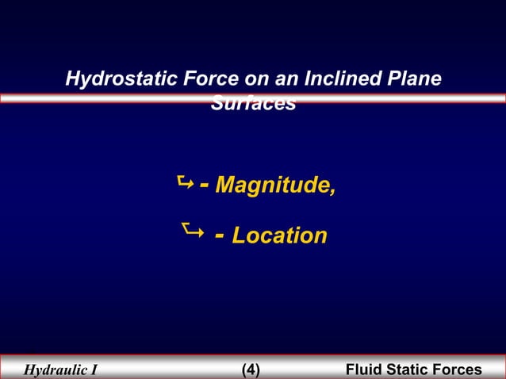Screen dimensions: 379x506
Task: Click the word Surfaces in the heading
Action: click(253, 104)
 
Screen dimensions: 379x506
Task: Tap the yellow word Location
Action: click(279, 235)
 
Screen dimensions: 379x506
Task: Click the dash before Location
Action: click(219, 235)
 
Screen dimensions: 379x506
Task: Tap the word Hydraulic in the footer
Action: click(55, 369)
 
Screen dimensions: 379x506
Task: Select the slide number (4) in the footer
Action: click(250, 369)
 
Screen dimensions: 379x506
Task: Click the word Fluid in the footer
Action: click(365, 369)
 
